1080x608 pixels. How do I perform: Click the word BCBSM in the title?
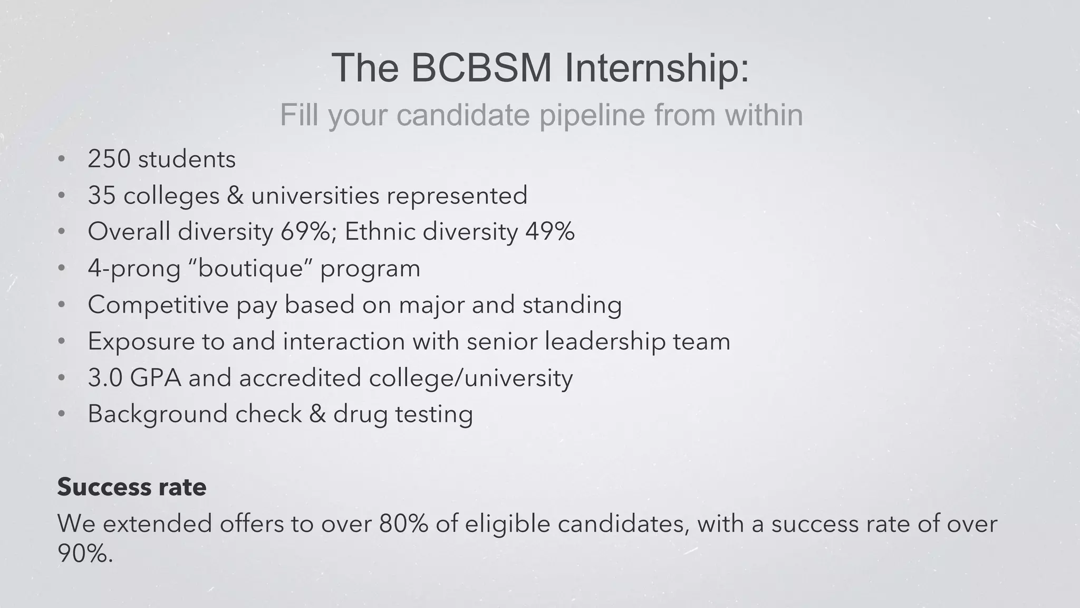(480, 68)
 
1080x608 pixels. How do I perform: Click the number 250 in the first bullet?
(109, 159)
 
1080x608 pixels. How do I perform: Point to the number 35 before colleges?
(101, 195)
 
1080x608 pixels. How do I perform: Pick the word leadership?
(605, 341)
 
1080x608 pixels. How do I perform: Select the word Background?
(157, 414)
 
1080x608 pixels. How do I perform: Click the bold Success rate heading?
(132, 487)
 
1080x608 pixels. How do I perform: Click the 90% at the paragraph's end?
(84, 553)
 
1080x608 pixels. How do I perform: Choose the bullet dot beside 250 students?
(62, 159)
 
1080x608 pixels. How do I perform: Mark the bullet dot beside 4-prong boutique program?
(62, 269)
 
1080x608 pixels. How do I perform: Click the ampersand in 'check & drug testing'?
(317, 414)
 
